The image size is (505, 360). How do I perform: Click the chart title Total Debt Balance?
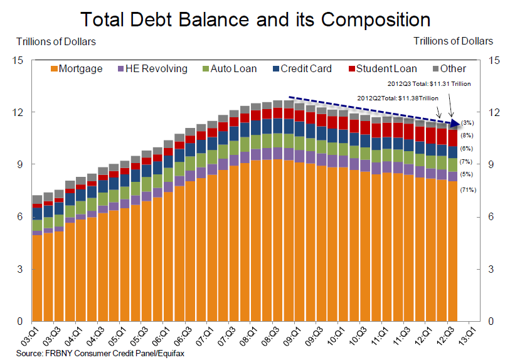(252, 19)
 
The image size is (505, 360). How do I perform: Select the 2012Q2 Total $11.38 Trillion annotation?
(397, 98)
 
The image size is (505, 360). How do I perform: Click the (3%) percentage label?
(467, 122)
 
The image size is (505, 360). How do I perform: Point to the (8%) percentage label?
(467, 135)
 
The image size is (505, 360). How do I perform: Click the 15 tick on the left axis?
(18, 60)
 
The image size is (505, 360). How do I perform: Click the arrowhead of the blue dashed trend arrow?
(457, 122)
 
